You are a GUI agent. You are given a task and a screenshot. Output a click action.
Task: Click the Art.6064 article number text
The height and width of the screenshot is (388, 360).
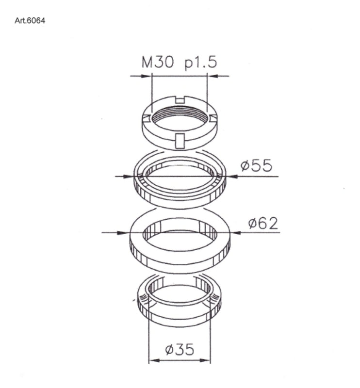(x=31, y=21)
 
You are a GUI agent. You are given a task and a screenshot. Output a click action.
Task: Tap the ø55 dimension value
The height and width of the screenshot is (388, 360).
(x=257, y=166)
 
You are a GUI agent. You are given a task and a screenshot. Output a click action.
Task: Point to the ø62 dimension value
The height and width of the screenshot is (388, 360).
(x=262, y=223)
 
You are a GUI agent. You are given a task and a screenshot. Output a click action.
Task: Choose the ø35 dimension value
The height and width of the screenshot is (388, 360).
(x=180, y=349)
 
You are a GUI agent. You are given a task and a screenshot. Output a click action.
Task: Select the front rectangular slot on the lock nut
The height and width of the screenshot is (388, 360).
(x=180, y=140)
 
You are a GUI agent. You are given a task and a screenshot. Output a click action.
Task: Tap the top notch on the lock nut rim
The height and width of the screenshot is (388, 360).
(x=180, y=100)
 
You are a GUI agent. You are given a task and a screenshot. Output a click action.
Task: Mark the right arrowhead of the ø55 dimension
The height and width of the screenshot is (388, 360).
(x=231, y=177)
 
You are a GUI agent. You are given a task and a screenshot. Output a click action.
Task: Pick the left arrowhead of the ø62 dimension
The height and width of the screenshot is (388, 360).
(x=125, y=233)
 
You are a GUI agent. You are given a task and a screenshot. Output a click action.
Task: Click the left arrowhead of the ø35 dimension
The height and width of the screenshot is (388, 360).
(x=152, y=360)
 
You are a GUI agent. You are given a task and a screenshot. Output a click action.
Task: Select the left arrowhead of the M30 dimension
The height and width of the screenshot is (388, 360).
(x=147, y=76)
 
